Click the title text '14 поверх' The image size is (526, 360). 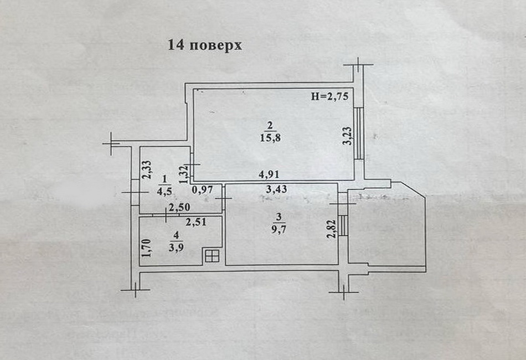pos(205,45)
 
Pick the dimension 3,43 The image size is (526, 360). pos(277,190)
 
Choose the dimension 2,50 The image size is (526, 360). pos(179,208)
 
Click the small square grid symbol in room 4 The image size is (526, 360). pos(211,255)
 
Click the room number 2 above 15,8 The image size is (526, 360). pos(272,126)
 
